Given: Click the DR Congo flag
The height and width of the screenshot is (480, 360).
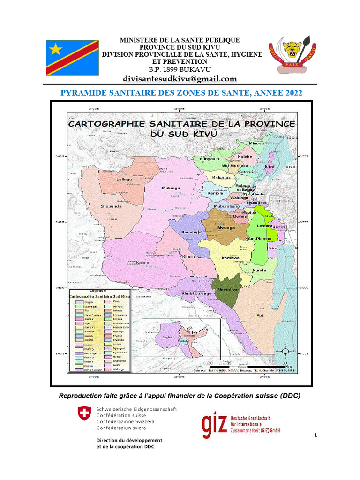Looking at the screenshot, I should pos(72,58).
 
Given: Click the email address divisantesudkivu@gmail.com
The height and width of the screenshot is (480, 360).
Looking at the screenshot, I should pos(180,79).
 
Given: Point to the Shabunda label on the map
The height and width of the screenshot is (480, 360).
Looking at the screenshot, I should pos(111,206).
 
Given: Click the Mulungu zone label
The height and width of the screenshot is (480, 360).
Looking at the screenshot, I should pos(171,188).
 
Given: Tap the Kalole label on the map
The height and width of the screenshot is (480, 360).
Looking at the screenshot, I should pos(142,262).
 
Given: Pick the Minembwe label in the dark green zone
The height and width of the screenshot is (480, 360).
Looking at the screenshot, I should pos(228,290).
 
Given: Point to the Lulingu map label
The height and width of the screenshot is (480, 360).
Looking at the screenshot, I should pos(124,180).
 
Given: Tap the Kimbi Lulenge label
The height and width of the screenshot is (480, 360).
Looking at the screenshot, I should pos(193,293).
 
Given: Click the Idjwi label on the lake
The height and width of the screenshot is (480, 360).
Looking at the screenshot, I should pos(270,166).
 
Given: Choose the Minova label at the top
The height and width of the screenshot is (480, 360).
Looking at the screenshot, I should pos(256,143).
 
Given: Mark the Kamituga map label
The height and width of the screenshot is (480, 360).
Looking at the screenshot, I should pos(191,232).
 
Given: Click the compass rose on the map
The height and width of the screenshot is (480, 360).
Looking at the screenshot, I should pos(287,350).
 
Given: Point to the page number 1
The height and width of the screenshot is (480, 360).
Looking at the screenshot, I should pos(316,436).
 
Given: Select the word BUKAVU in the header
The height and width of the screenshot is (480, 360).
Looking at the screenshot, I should pos(191,69).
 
